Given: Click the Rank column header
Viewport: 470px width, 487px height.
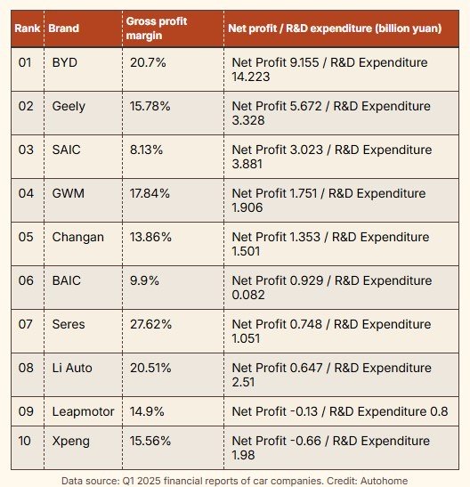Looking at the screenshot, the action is [28, 28].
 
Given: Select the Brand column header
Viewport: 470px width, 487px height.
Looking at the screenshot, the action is [63, 28].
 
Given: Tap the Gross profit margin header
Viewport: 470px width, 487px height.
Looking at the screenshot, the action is [157, 28].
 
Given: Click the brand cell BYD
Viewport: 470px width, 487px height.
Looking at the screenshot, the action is [65, 62].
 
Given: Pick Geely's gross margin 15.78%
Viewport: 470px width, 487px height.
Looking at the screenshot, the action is [150, 106].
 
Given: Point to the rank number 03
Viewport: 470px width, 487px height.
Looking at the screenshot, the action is [26, 150].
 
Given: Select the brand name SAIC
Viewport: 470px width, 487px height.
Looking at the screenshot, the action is [66, 150].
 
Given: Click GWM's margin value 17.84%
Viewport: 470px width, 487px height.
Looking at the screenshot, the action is [150, 193].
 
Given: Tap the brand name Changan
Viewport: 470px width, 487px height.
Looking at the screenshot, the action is [78, 238].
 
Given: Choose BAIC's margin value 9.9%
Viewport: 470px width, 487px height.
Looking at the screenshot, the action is [144, 280].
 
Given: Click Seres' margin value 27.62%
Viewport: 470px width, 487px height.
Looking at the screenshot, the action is [150, 325].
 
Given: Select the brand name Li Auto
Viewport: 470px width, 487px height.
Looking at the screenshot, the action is [72, 368].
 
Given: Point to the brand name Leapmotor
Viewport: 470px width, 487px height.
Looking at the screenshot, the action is [83, 412].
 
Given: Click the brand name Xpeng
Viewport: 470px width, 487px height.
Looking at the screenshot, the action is [71, 442].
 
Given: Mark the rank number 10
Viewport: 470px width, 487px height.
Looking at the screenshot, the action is [24, 441].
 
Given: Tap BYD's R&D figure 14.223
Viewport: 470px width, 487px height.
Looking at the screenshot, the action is [251, 77].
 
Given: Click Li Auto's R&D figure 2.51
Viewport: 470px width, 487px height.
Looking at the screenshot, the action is [243, 382].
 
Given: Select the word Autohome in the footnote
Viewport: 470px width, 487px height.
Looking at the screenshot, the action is [384, 481].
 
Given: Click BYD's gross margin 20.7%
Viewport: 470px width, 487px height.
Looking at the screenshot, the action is [148, 62].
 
